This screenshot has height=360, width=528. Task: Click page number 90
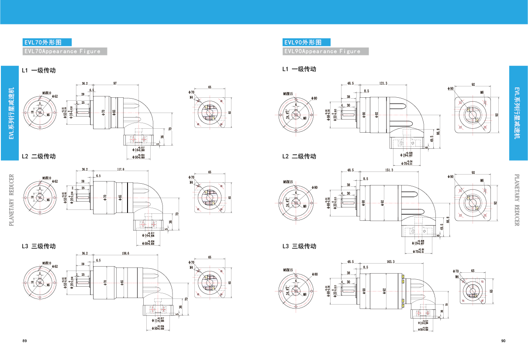pyautogui.click(x=503, y=341)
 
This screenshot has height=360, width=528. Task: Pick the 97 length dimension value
pyautogui.click(x=115, y=83)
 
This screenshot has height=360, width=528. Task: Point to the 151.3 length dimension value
pyautogui.click(x=390, y=170)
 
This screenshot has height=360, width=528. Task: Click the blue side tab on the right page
pyautogui.click(x=518, y=113)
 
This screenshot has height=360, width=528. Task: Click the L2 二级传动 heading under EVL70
pyautogui.click(x=39, y=156)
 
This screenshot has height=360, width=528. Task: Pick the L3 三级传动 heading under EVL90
pyautogui.click(x=299, y=246)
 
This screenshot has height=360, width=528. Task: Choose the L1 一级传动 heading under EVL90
pyautogui.click(x=299, y=69)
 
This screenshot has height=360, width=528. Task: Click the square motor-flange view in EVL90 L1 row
pyautogui.click(x=473, y=114)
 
